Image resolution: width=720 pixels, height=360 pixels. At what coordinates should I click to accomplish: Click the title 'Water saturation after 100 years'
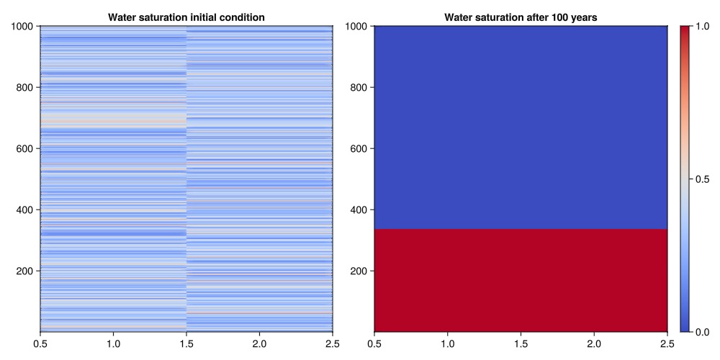tap(521, 17)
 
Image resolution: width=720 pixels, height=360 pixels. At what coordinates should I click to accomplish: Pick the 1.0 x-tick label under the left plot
tap(113, 343)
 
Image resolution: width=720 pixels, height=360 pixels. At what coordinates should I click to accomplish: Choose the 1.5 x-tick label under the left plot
tap(186, 343)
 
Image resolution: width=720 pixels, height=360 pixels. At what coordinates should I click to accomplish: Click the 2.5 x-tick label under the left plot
tap(332, 343)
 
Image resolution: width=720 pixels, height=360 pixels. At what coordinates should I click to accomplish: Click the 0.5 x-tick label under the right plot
tap(374, 343)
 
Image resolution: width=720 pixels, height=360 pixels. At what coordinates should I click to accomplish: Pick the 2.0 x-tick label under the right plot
tap(594, 343)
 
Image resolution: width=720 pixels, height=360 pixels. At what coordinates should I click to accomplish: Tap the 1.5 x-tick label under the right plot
tap(521, 343)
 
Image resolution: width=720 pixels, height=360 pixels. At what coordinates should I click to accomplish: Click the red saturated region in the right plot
tap(521, 280)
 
